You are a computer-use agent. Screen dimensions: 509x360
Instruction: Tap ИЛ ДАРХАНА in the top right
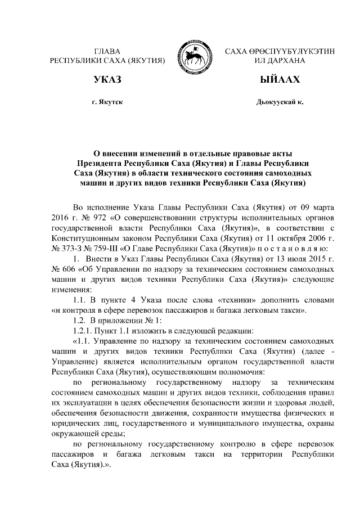coord(280,60)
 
